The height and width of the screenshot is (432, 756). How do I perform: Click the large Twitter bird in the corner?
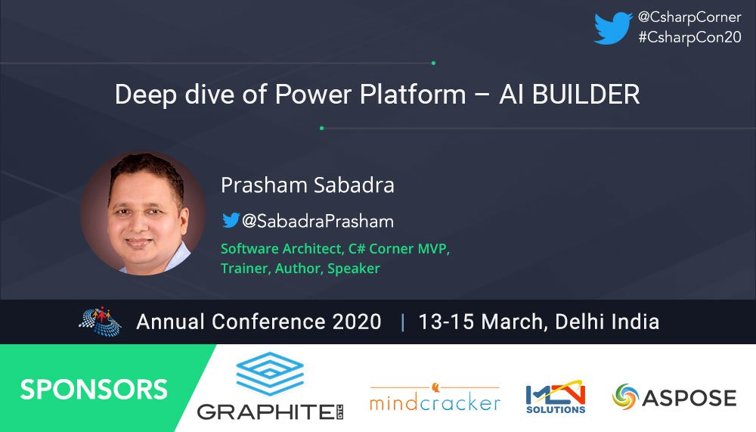point(613,28)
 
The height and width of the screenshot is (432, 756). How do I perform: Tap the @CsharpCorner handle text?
point(689,17)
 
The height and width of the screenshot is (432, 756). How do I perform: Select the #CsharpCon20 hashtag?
point(689,38)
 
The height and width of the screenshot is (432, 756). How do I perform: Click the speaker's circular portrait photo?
point(142,213)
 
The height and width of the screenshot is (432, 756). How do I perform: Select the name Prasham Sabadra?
point(308,185)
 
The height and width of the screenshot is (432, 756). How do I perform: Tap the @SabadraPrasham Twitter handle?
point(318,221)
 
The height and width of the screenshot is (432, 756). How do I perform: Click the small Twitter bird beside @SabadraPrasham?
point(230,220)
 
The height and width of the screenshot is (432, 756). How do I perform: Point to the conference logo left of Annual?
point(100,320)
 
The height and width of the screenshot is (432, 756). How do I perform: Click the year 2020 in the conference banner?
point(357,322)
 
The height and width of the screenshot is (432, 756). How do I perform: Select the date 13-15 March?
point(480,322)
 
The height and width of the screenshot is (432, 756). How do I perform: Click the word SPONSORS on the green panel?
point(94,389)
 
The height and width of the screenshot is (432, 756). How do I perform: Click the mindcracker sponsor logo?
point(435,398)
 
